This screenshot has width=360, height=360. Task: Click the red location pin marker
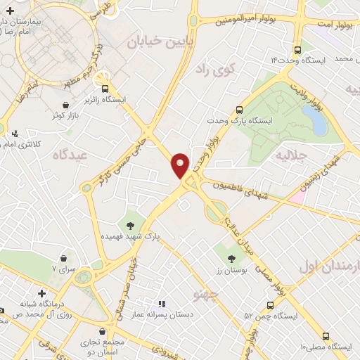pos(180,165)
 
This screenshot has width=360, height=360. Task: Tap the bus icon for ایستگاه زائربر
pos(105,89)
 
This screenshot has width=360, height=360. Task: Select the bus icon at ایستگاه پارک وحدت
pos(239,110)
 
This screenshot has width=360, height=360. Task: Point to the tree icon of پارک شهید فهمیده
pos(130,226)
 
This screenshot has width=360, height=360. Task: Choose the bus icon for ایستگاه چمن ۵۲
pos(271,305)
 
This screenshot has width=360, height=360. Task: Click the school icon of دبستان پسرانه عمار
pos(161,304)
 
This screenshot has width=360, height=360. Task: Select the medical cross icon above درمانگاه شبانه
pos(41,292)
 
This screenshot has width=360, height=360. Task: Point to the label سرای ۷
pos(63,269)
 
